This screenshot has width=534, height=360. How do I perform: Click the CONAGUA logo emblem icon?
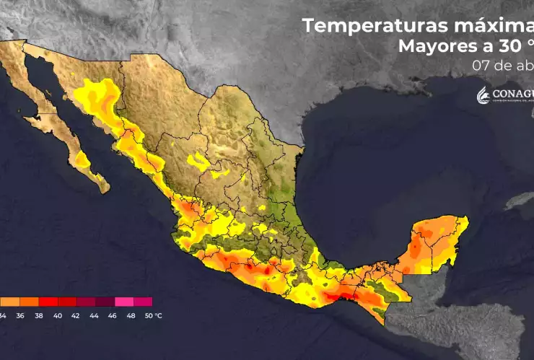tap(483, 95)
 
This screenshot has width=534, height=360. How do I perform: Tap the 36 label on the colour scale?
tap(20, 315)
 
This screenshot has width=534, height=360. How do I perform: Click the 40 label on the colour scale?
tap(58, 315)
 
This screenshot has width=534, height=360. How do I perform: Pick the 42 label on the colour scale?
tap(77, 315)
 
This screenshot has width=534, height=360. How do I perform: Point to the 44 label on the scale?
tap(96, 315)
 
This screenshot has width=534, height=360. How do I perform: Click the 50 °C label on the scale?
tap(152, 315)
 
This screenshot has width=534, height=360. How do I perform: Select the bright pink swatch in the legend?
tap(124, 302)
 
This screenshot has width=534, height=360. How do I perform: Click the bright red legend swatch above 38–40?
tap(49, 302)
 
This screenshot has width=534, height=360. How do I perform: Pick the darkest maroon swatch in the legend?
tap(105, 302)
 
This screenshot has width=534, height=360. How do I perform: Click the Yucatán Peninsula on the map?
tap(433, 242)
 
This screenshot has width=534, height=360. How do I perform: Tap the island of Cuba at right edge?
tap(523, 202)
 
